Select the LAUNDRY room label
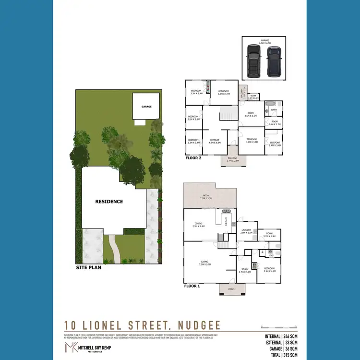coord(247,230)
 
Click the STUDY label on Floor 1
coord(245,270)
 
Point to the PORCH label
coord(232,289)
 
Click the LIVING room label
coord(204,262)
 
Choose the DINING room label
coord(198,224)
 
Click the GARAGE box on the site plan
coord(146,106)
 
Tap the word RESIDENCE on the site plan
coord(109,202)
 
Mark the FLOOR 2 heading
coord(193,157)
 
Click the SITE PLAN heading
coord(89,267)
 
